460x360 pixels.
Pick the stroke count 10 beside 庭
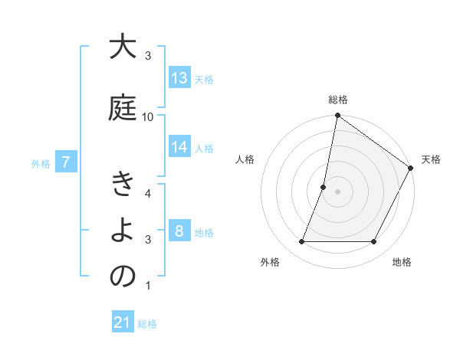(x=148, y=116)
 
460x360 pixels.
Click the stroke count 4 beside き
(x=148, y=193)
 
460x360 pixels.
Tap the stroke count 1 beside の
(x=148, y=286)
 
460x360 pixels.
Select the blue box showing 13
(x=179, y=78)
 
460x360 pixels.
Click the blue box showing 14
(x=179, y=148)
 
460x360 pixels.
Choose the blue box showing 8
(x=179, y=231)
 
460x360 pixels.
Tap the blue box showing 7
(x=67, y=162)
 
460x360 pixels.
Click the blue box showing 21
(x=123, y=322)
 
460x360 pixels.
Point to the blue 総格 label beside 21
(x=147, y=324)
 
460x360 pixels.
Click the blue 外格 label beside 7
(x=41, y=163)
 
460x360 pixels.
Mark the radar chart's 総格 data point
(x=337, y=116)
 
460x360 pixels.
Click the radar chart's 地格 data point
(x=374, y=242)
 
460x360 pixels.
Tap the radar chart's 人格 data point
(x=324, y=187)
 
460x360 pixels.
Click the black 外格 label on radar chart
(x=270, y=262)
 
